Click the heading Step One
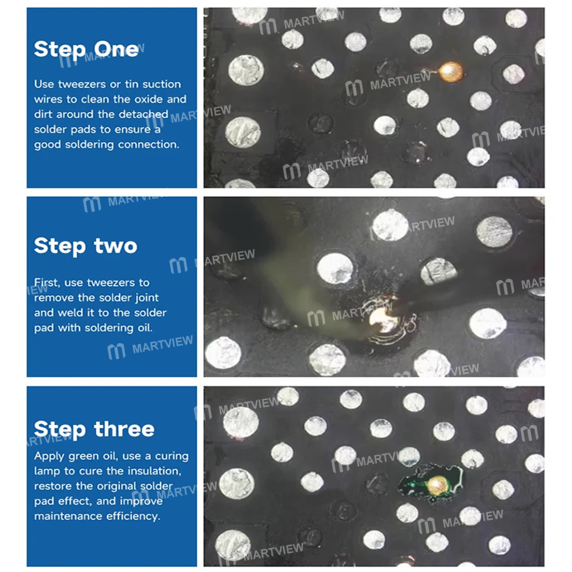[86, 49]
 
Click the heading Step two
[85, 246]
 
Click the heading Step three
[94, 429]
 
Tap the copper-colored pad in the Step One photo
[450, 70]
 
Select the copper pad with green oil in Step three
[438, 485]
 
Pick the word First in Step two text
[46, 283]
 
